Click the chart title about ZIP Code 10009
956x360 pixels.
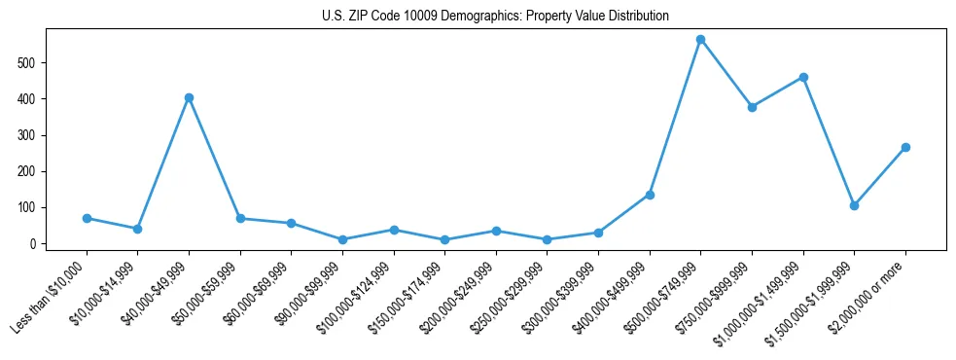click(x=495, y=17)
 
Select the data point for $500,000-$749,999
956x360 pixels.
click(x=700, y=40)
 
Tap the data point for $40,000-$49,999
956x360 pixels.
click(x=189, y=97)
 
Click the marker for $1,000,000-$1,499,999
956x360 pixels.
click(x=803, y=77)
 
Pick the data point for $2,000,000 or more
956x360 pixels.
click(x=905, y=147)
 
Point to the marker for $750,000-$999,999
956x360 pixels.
click(x=752, y=107)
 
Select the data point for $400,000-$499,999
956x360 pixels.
click(x=650, y=195)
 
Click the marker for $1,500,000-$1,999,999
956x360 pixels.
click(x=854, y=205)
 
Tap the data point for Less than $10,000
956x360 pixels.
click(x=87, y=218)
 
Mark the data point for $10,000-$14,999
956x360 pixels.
click(x=138, y=229)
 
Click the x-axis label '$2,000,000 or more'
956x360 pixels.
click(x=870, y=293)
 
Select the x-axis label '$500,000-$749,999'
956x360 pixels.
click(x=666, y=293)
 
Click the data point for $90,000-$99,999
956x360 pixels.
click(x=342, y=239)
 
